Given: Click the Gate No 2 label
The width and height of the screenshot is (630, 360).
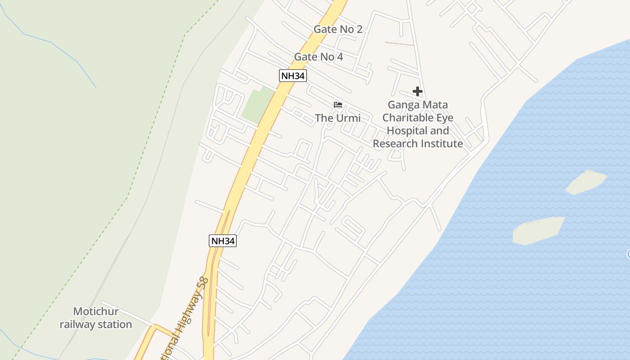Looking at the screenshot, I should (337, 29).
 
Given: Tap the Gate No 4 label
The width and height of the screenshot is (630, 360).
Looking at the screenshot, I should (318, 57).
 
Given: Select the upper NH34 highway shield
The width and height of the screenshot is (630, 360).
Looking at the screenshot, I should (292, 76).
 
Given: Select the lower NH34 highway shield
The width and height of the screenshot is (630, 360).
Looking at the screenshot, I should (223, 241).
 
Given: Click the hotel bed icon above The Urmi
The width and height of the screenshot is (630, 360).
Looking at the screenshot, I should (338, 105).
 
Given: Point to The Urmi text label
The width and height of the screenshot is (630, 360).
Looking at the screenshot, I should (337, 118).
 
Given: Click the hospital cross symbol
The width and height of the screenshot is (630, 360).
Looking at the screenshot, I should (417, 92).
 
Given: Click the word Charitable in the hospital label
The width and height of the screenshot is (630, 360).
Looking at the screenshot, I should (409, 118).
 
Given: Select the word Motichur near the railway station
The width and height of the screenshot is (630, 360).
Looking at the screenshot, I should (96, 311).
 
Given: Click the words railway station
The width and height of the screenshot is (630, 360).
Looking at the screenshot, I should (96, 324).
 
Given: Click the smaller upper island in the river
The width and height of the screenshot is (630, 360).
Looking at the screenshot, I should (586, 182).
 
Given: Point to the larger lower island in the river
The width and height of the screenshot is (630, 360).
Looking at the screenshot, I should (539, 230).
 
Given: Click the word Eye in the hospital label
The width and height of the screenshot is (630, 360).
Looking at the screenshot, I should (445, 118).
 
